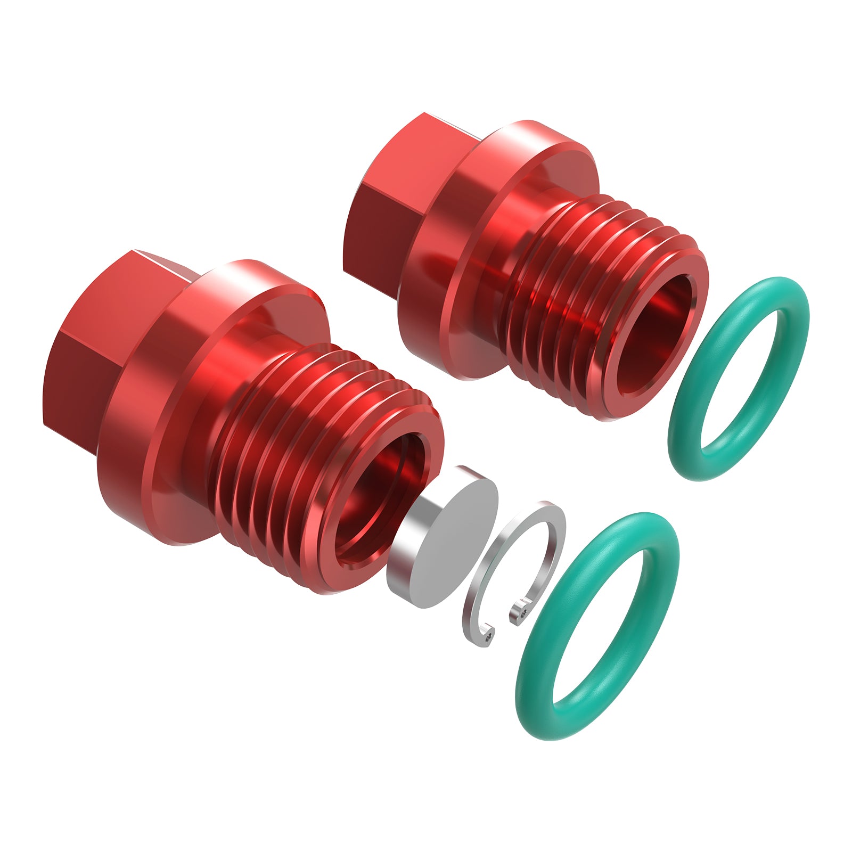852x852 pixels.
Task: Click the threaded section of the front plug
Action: tap(277, 453)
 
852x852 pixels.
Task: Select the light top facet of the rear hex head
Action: tap(410, 160)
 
